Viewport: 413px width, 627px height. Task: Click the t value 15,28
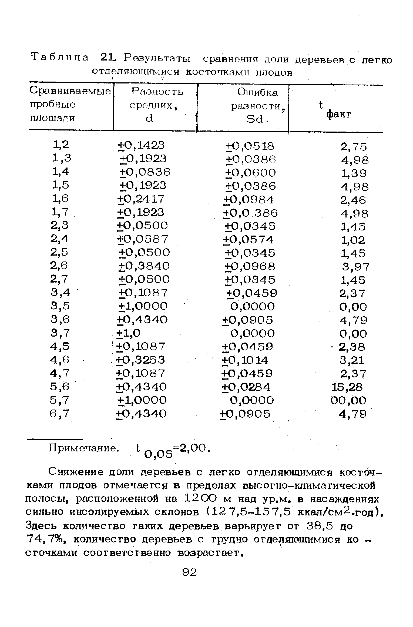pyautogui.click(x=347, y=387)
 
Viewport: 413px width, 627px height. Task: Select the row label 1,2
pyautogui.click(x=61, y=145)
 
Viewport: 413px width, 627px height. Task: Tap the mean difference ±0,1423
pyautogui.click(x=141, y=145)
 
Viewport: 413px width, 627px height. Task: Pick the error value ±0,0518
pyautogui.click(x=250, y=146)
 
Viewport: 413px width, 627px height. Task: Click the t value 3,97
pyautogui.click(x=355, y=267)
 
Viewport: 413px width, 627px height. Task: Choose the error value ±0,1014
pyautogui.click(x=245, y=360)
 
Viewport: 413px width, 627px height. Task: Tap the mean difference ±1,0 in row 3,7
pyautogui.click(x=128, y=333)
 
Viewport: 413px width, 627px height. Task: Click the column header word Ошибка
pyautogui.click(x=257, y=92)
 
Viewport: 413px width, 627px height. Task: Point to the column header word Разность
pyautogui.click(x=157, y=92)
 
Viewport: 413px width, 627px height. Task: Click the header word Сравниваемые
pyautogui.click(x=70, y=91)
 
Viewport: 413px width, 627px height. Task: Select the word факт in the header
pyautogui.click(x=339, y=115)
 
